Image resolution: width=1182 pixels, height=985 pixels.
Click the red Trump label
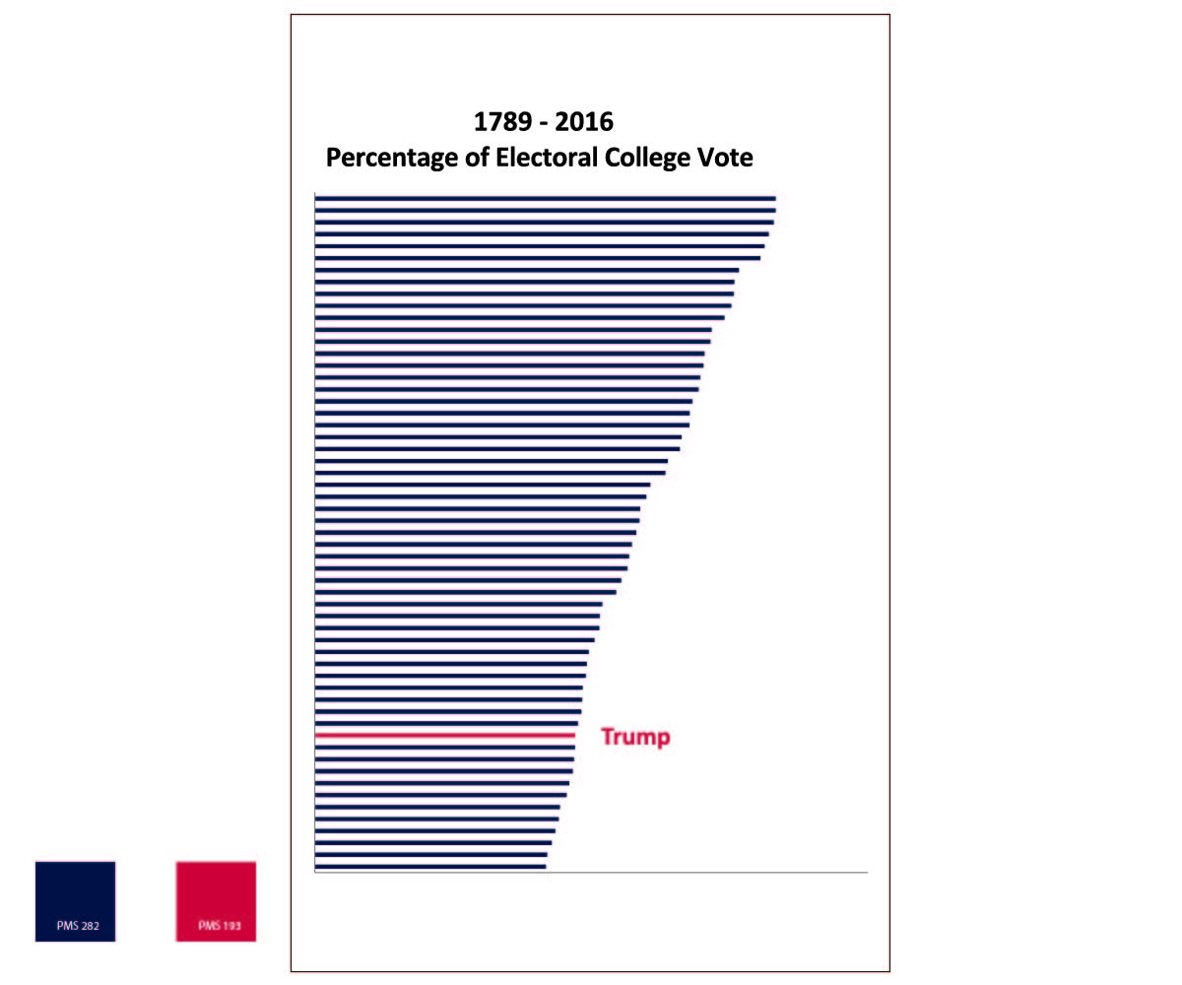tap(635, 737)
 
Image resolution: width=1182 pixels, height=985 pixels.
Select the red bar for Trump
tap(444, 736)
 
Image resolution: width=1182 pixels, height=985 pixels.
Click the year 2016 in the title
tap(584, 122)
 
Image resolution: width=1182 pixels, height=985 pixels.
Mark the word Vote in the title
tap(726, 158)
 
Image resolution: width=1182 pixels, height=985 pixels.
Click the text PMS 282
tap(78, 926)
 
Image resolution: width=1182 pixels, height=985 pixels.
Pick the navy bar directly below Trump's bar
tap(444, 748)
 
